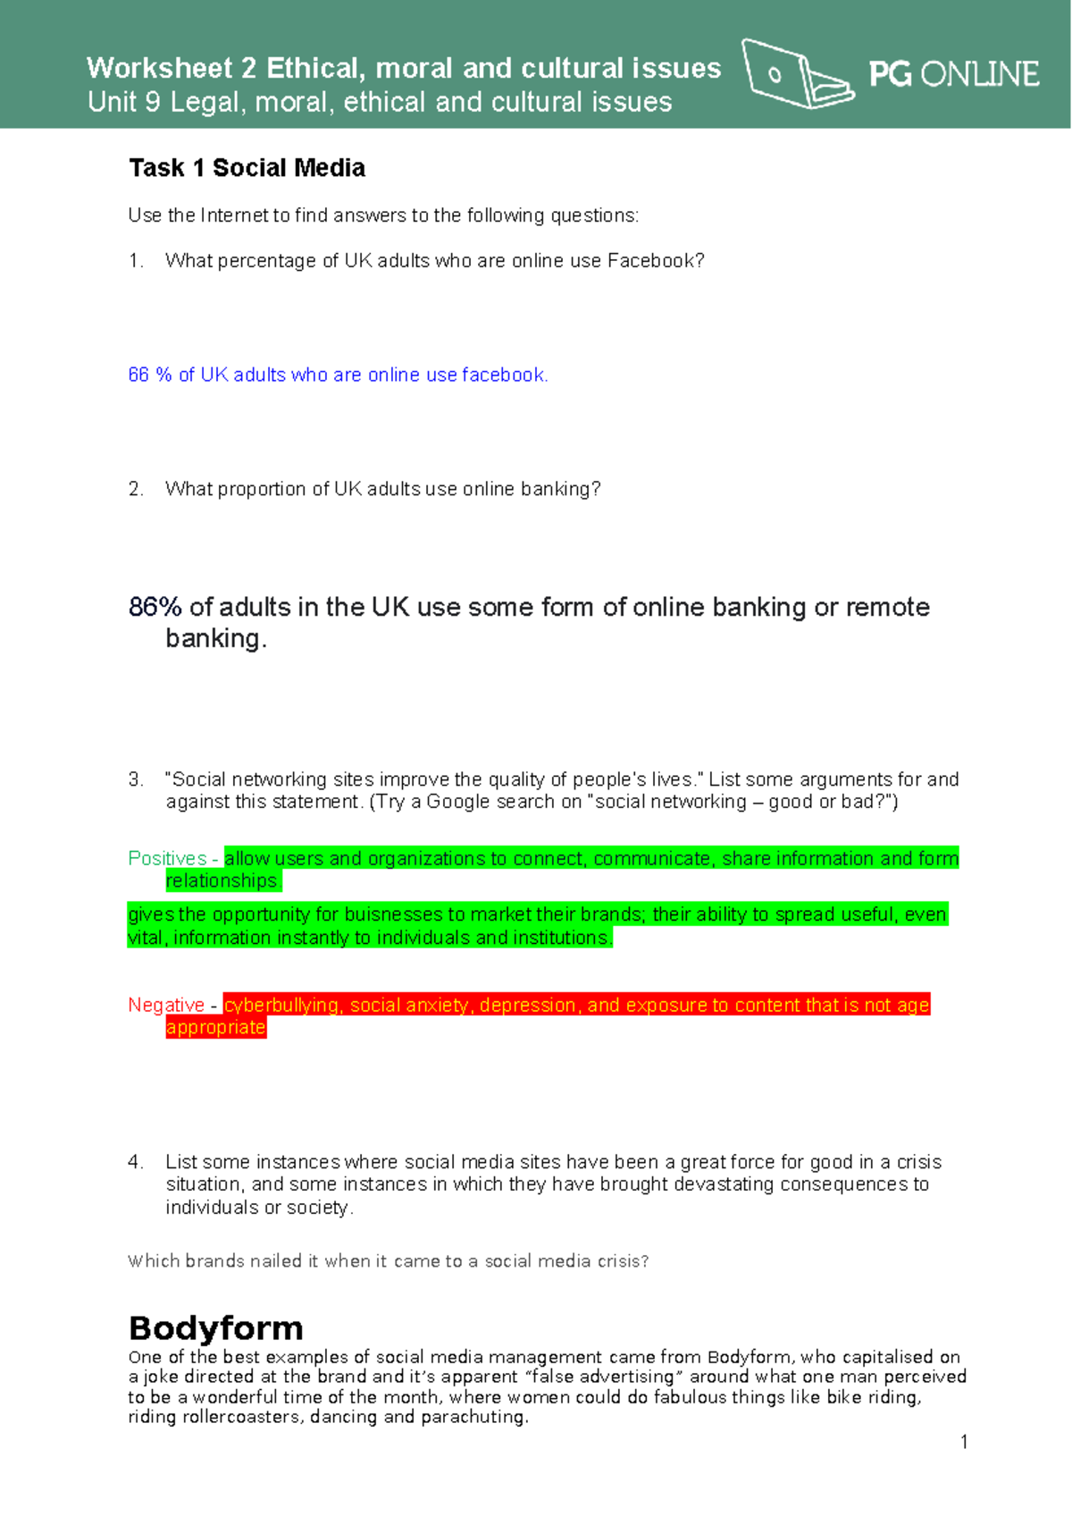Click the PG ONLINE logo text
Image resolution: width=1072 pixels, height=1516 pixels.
pos(953,74)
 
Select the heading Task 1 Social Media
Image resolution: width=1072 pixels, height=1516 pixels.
pos(247,168)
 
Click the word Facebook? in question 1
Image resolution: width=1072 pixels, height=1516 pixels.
pos(656,261)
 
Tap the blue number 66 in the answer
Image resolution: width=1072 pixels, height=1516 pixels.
pos(138,375)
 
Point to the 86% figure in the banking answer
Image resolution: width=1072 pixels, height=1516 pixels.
pos(155,608)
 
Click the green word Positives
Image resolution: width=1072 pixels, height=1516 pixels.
pos(167,859)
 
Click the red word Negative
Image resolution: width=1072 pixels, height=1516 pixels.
pos(166,1006)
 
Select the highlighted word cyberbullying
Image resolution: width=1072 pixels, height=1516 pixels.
pos(281,1006)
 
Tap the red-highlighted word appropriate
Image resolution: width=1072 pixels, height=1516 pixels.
pos(215,1028)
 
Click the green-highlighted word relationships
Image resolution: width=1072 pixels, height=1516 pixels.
pos(222,881)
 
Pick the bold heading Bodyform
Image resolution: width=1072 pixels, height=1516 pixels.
pos(215,1328)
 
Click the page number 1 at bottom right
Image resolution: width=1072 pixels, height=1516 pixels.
pos(964,1442)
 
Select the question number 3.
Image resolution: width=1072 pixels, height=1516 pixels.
pos(135,779)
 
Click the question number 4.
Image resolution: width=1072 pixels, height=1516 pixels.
pos(135,1162)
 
